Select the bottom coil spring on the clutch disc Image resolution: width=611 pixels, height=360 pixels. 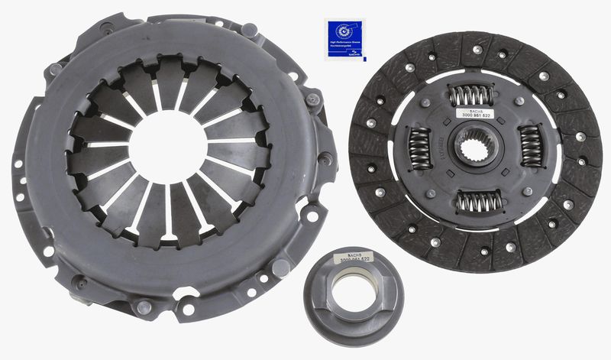pos(478,202)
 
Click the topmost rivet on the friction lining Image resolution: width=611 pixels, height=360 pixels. pos(477,50)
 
